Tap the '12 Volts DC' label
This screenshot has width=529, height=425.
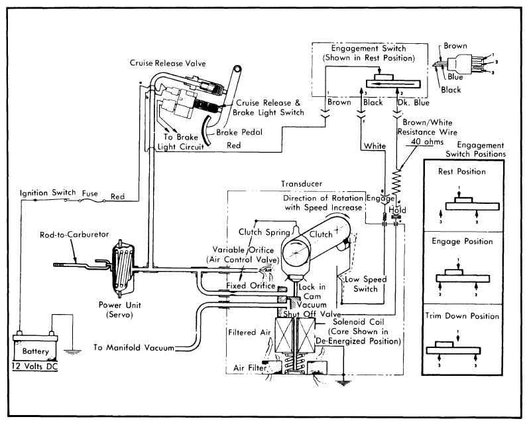click(x=34, y=367)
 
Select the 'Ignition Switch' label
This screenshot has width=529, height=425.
click(x=48, y=193)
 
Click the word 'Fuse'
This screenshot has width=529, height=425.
click(x=90, y=194)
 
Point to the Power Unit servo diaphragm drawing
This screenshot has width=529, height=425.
click(x=121, y=268)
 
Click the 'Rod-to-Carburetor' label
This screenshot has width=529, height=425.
click(x=74, y=234)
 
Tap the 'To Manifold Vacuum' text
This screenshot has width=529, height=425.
click(x=134, y=347)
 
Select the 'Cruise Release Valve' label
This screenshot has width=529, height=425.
click(x=168, y=63)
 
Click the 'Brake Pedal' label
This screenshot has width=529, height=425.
click(x=239, y=132)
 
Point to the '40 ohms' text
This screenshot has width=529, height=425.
click(x=427, y=141)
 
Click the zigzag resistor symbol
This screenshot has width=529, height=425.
click(x=397, y=184)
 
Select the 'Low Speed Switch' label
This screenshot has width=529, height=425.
click(x=365, y=284)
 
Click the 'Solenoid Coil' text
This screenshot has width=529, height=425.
click(x=358, y=322)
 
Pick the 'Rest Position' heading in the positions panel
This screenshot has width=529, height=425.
click(x=462, y=171)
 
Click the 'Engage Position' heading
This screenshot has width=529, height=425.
click(x=462, y=242)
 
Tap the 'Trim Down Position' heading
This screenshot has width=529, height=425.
click(x=462, y=316)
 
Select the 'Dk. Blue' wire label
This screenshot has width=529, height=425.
click(x=413, y=103)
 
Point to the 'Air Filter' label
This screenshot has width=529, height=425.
click(x=250, y=368)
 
